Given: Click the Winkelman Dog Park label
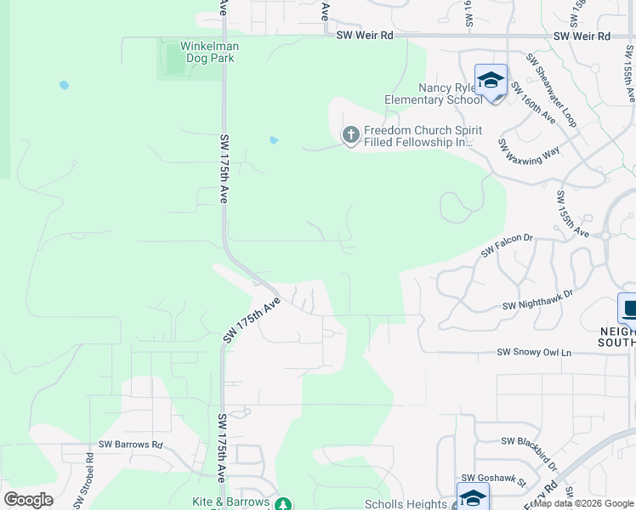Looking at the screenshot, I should (209, 52).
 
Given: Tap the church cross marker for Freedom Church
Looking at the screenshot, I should (350, 135).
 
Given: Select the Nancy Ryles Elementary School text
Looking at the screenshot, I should (433, 93).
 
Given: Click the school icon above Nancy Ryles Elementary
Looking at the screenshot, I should (491, 81).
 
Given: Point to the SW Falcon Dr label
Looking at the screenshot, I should (506, 246).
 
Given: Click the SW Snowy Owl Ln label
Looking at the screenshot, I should (535, 352).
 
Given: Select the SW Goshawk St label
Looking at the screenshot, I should (494, 480).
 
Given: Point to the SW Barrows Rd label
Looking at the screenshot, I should (130, 444).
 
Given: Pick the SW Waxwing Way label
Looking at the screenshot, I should (529, 150).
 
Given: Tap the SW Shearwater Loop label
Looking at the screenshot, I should (550, 90).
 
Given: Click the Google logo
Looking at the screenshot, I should (28, 500).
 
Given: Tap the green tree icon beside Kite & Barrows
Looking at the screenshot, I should (286, 504).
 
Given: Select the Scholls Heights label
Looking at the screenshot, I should (406, 504).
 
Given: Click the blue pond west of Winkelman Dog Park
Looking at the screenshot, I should (64, 86).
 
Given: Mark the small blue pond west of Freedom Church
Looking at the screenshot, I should (274, 140).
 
